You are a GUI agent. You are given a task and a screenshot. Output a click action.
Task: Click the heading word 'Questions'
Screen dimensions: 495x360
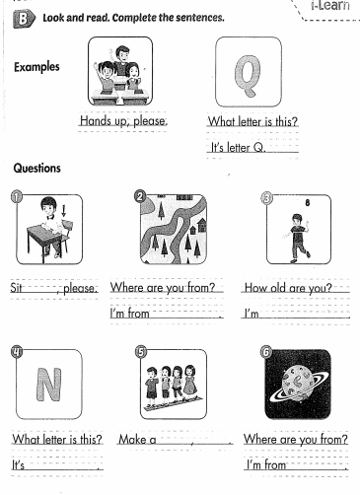pyautogui.click(x=36, y=168)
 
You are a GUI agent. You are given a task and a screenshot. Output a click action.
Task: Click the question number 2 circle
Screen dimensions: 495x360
pyautogui.click(x=140, y=194)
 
